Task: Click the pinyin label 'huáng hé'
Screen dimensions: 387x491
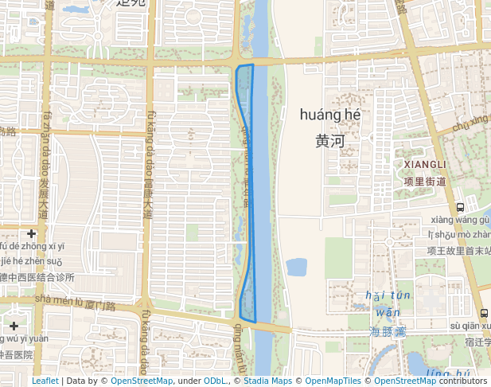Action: [x=330, y=115]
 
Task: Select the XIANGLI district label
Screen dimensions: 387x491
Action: [x=426, y=164]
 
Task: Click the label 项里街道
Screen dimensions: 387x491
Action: [x=425, y=182]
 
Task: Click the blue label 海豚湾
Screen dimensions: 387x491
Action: [x=388, y=330]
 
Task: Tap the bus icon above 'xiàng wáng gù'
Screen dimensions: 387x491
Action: [x=460, y=208]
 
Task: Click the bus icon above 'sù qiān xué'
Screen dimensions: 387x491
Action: [x=484, y=313]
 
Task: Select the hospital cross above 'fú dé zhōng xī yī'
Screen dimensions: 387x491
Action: [x=31, y=233]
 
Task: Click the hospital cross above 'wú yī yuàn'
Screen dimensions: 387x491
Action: [x=14, y=326]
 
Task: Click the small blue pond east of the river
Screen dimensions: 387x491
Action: [x=296, y=267]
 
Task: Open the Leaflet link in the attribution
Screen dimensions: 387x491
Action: [x=45, y=381]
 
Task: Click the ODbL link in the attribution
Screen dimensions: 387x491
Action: [x=216, y=381]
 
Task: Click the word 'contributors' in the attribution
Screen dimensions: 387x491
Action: [x=463, y=381]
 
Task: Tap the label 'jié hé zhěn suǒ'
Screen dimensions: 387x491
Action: [x=31, y=261]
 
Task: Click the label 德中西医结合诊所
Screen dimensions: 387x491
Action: [x=37, y=277]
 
